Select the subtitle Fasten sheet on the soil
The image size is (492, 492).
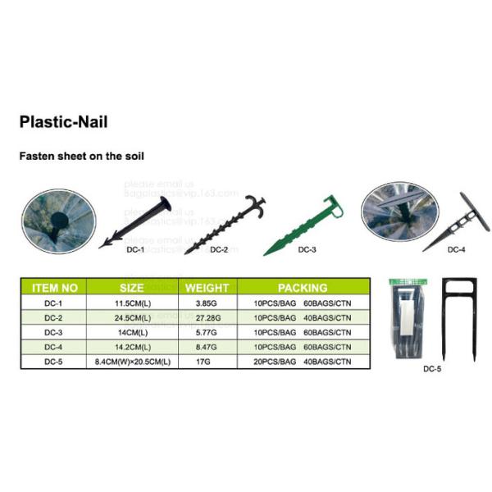[x=82, y=154]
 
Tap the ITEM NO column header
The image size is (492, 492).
[x=54, y=288]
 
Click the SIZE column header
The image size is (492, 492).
[x=131, y=288]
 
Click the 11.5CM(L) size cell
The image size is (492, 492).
[x=131, y=303]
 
